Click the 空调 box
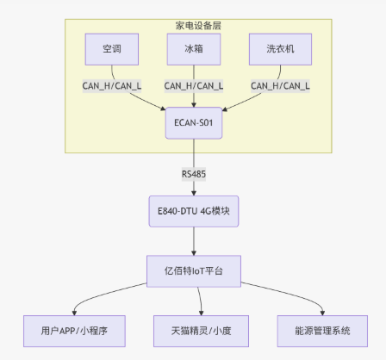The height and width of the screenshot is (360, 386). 111,49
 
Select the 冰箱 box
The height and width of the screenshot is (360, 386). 193,49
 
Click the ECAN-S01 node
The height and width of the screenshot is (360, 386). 193,122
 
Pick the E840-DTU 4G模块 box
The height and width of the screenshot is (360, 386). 193,212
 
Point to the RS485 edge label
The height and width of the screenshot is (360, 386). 193,174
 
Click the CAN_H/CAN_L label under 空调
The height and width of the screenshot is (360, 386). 111,85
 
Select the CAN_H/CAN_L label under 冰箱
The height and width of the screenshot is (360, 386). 193,85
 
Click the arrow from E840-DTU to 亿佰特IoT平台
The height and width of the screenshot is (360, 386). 193,240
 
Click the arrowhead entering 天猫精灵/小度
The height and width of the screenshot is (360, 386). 200,313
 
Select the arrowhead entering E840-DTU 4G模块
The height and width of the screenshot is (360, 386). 193,194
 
